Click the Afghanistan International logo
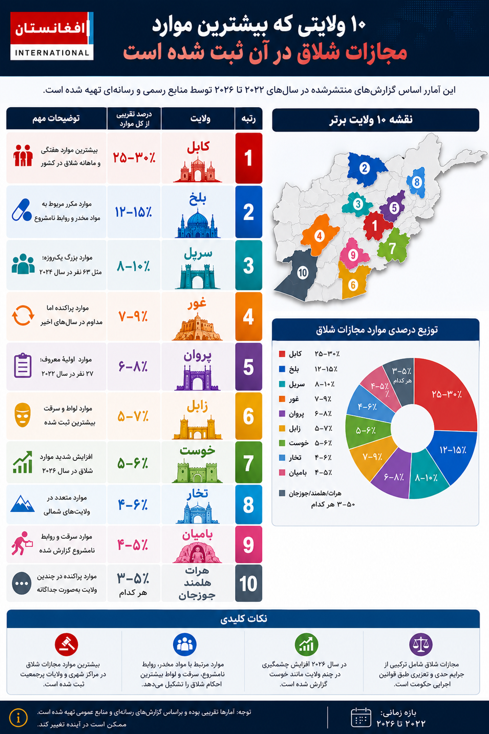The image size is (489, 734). coord(52,36)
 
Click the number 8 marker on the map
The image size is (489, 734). coord(417,182)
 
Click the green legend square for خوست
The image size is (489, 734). coord(282,443)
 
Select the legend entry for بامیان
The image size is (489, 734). coord(306,473)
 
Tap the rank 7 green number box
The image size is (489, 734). coord(248,462)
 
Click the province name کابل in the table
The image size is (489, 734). coord(198,146)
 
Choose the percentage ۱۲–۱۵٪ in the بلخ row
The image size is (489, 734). coord(134,212)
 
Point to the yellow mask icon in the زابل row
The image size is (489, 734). coord(22,415)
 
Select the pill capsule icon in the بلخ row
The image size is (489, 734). coord(21,210)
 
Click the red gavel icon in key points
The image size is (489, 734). coord(66,645)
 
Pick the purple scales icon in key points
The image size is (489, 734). coord(421,645)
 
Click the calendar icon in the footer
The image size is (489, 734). coord(361,717)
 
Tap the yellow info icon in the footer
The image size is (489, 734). coord(18,718)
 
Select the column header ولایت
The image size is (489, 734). coord(200,119)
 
